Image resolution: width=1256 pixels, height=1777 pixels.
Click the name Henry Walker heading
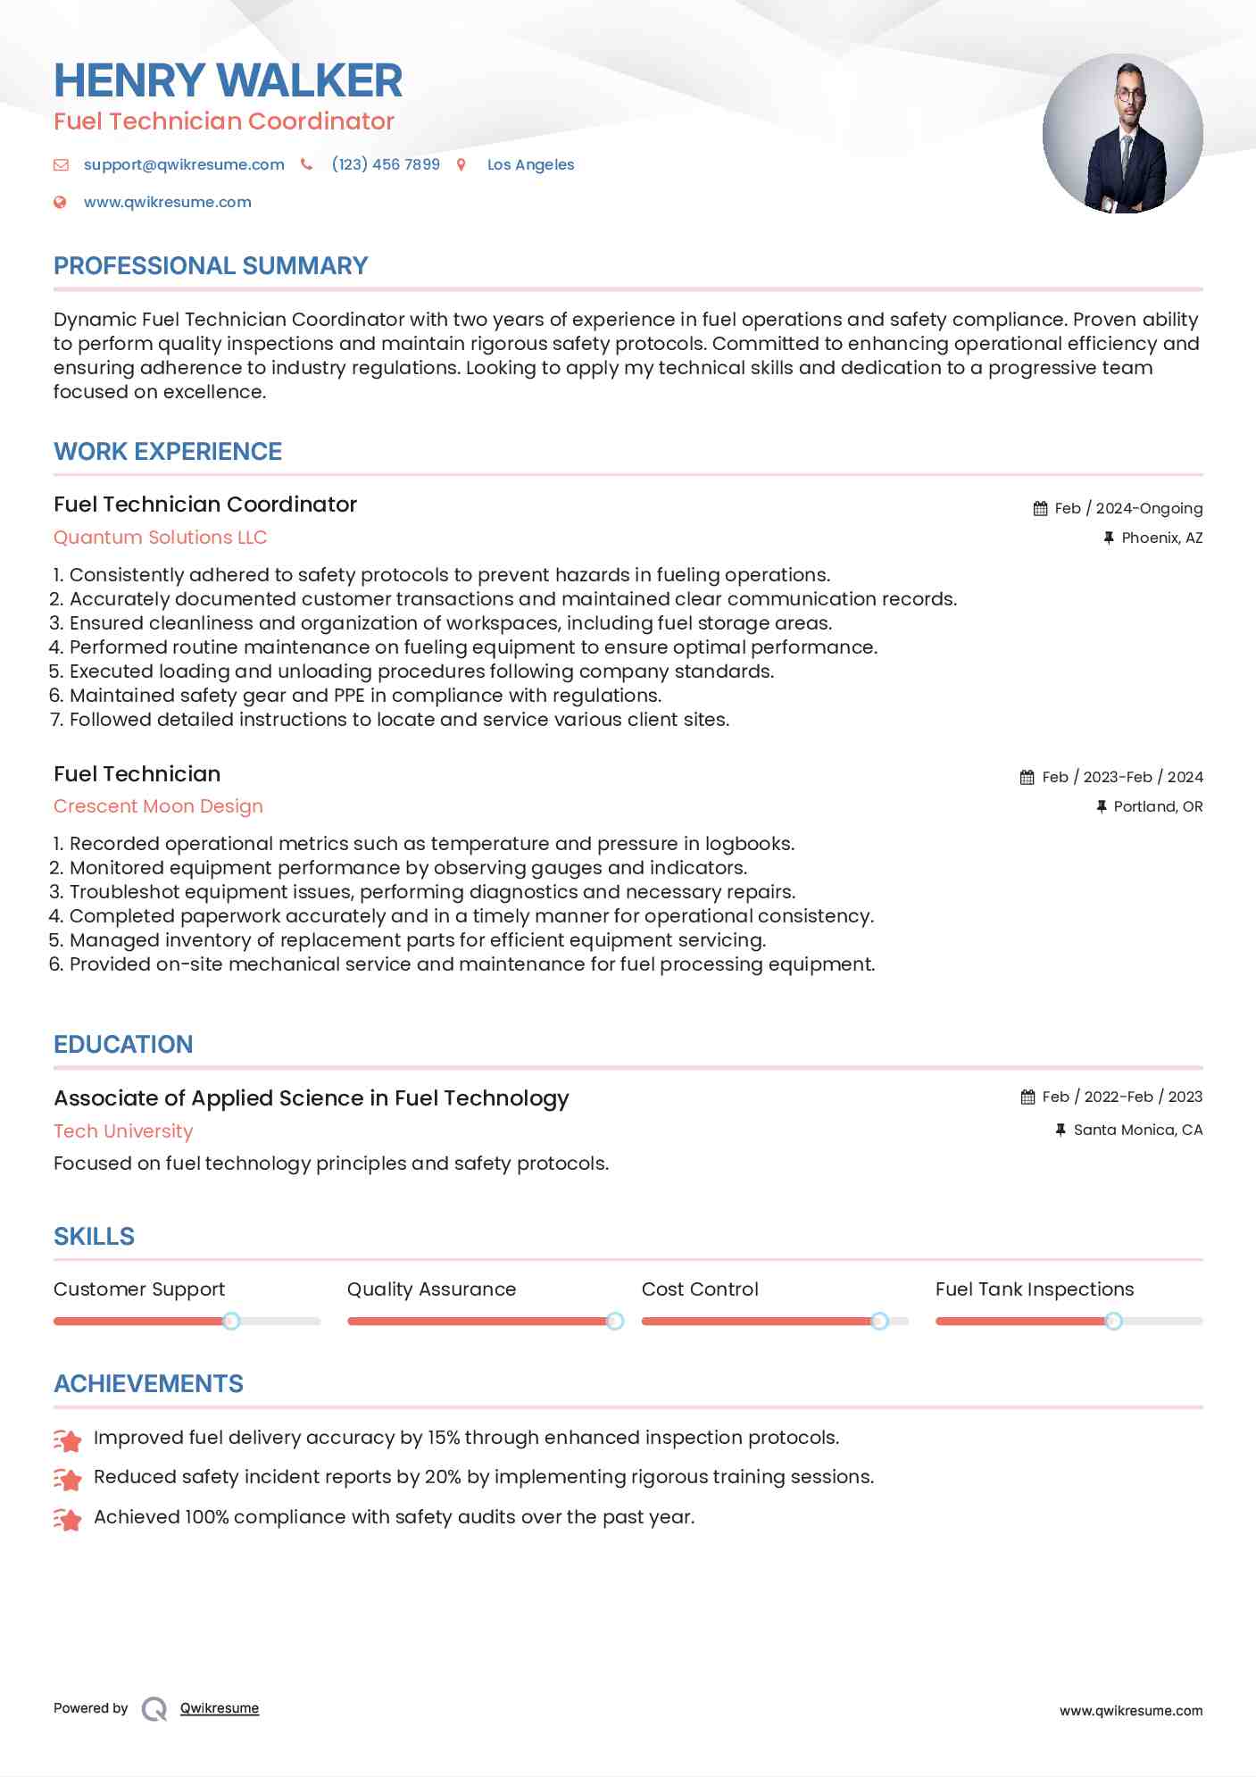(228, 80)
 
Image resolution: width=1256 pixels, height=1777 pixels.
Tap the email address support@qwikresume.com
(184, 164)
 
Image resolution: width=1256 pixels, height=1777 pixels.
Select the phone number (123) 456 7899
(386, 164)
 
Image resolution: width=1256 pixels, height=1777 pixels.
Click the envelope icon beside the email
(61, 164)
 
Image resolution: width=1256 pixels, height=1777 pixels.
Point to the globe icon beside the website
(60, 203)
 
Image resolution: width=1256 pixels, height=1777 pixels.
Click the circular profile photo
(1122, 134)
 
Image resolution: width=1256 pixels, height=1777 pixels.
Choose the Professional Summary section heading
(211, 266)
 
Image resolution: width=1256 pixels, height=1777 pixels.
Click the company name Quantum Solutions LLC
(160, 538)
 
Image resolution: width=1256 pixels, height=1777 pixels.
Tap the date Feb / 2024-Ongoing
(1128, 508)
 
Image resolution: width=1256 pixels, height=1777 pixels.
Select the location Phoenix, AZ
(1161, 538)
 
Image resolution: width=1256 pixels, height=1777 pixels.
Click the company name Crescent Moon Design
(158, 806)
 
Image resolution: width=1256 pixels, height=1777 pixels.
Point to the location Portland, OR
(1158, 806)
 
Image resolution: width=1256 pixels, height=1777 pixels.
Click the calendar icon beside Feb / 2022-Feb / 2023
(1028, 1097)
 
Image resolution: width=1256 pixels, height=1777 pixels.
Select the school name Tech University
(123, 1131)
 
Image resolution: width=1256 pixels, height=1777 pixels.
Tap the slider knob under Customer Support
(231, 1321)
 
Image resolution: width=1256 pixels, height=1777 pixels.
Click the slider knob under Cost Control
(879, 1321)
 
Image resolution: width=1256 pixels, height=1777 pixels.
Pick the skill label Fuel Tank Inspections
(1035, 1289)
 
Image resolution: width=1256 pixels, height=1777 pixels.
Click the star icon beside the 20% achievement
(68, 1479)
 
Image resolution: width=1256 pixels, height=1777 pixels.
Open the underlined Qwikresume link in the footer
(220, 1708)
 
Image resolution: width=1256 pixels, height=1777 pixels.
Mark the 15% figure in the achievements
(443, 1438)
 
